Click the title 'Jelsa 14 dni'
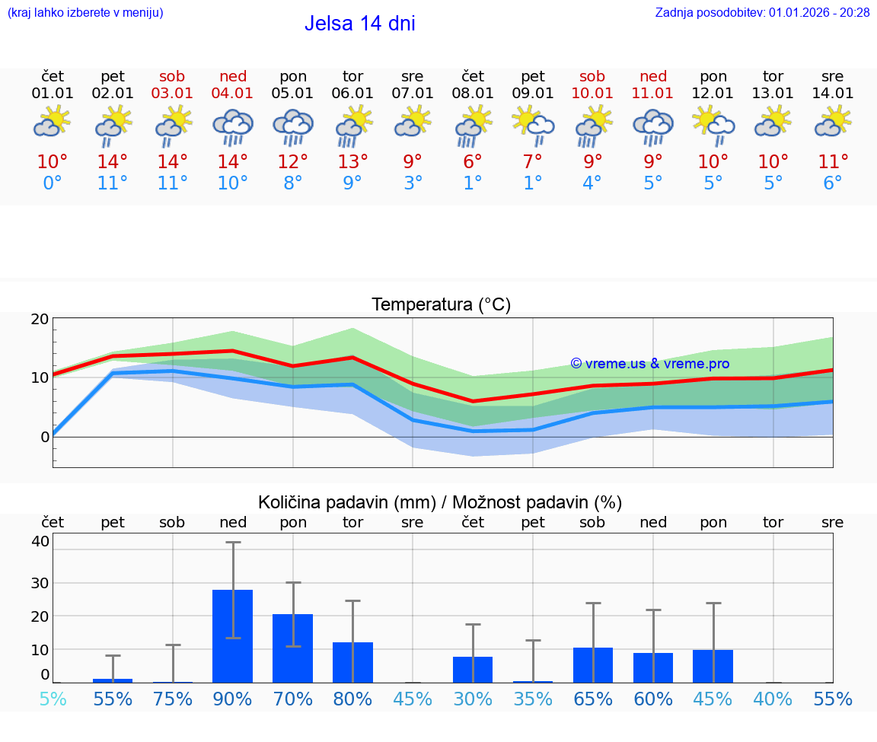(359, 24)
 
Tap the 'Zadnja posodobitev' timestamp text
(762, 12)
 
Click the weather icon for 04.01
(233, 127)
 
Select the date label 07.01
(413, 94)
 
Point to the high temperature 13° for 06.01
(352, 162)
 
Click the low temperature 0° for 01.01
(53, 183)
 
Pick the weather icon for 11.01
(653, 127)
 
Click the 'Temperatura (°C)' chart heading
(441, 305)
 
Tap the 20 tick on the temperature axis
(40, 319)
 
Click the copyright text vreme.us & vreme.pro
(649, 364)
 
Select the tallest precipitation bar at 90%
(233, 635)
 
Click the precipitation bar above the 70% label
(293, 648)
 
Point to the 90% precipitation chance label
(233, 699)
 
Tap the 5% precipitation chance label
(53, 699)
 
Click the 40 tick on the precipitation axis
(40, 541)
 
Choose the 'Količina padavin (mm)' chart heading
(346, 502)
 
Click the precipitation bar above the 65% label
(593, 664)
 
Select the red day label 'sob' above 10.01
(592, 76)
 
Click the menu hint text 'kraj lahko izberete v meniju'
(85, 12)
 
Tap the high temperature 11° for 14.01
(833, 162)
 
